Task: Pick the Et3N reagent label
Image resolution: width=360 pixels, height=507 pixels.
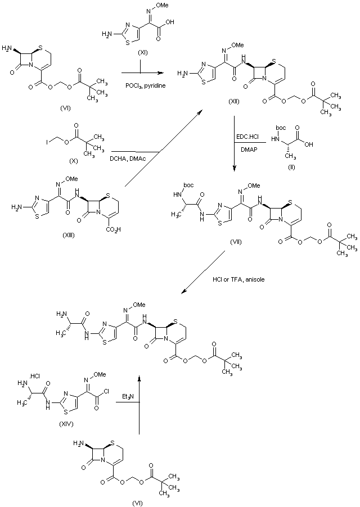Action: (x=128, y=397)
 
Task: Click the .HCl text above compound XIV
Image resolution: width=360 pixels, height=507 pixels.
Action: (x=35, y=375)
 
